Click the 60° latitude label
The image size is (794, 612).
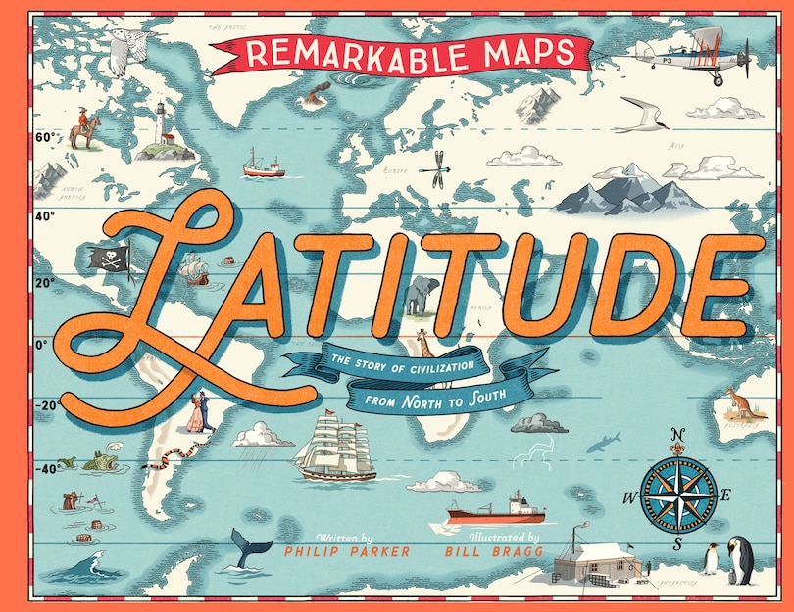[45, 138]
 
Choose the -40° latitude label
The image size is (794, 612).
[45, 468]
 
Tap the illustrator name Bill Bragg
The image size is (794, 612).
[492, 552]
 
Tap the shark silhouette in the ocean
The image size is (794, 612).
[604, 442]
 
